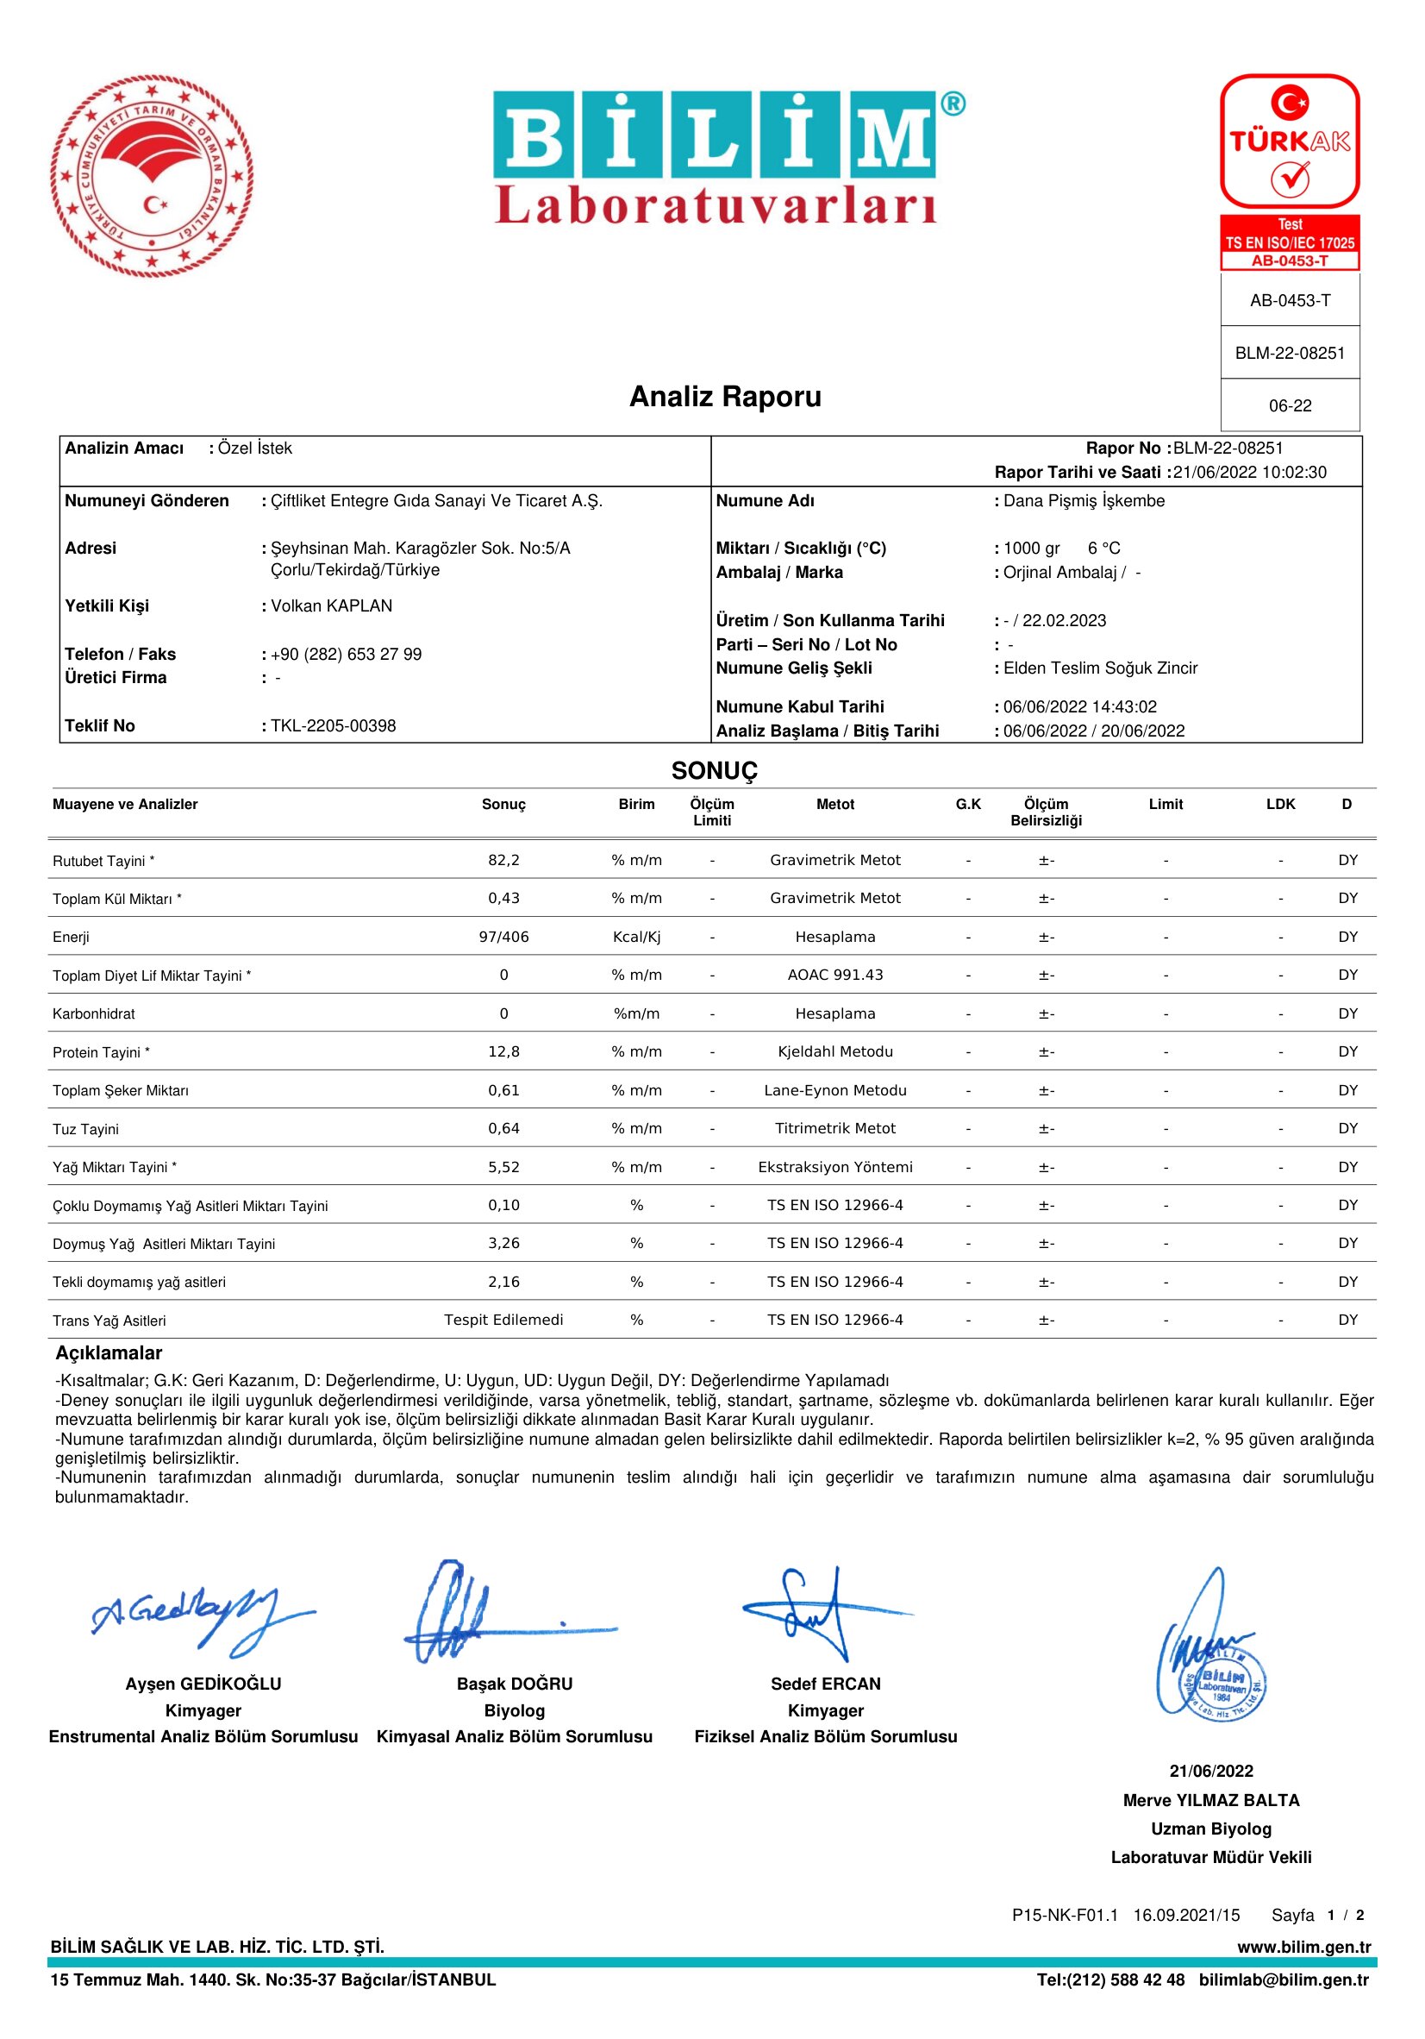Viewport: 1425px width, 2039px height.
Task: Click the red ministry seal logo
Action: (x=152, y=176)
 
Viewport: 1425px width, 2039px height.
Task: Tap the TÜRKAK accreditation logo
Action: (x=1289, y=142)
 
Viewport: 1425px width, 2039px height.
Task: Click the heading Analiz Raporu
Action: (x=724, y=396)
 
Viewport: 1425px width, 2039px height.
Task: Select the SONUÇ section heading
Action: (x=714, y=771)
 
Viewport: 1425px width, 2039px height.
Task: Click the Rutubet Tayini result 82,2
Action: (x=503, y=860)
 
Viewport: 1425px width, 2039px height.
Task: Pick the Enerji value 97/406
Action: (x=503, y=937)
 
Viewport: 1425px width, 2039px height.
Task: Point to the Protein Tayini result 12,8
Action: (x=503, y=1051)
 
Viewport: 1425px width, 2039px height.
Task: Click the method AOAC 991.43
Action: (x=834, y=976)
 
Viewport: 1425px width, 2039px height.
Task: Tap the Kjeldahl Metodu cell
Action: (x=834, y=1051)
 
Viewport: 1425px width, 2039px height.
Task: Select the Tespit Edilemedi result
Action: (x=503, y=1320)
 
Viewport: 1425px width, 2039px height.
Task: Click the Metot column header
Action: (x=834, y=805)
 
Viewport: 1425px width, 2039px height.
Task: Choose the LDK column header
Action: (x=1280, y=805)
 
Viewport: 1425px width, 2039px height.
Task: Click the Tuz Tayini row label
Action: (x=85, y=1130)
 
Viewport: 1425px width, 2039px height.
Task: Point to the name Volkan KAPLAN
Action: (x=331, y=605)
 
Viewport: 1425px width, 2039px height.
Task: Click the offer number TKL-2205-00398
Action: (x=333, y=725)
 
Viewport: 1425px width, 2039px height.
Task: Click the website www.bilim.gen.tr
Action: (x=1303, y=1947)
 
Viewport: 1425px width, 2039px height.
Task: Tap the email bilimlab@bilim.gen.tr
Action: (x=1283, y=1979)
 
